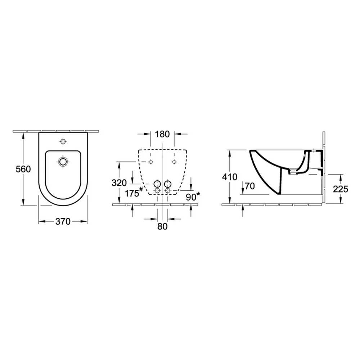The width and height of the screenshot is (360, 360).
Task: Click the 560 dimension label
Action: (23, 169)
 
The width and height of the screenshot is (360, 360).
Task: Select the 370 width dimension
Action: (63, 221)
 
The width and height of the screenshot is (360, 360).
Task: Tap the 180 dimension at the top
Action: (162, 134)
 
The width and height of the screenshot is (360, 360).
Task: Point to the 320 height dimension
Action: (119, 183)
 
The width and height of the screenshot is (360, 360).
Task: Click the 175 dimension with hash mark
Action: (132, 193)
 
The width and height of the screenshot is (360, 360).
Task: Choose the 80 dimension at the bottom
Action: (163, 226)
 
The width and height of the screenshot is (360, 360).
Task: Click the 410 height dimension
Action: (230, 177)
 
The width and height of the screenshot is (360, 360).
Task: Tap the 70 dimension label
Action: (250, 186)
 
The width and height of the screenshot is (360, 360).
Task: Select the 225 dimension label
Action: (341, 189)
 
